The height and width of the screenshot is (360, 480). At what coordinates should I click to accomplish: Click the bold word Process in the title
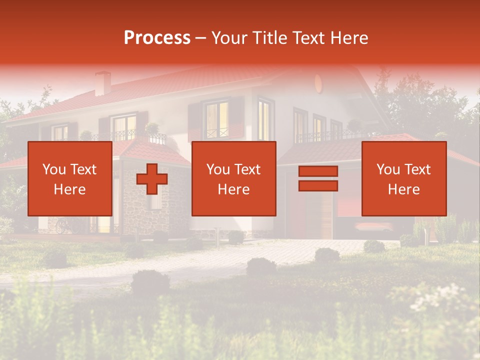click(157, 38)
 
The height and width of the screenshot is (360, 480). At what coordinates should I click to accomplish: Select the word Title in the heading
click(271, 38)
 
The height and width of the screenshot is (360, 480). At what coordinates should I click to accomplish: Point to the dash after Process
click(200, 38)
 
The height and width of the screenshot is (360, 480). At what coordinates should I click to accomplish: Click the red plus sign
click(152, 179)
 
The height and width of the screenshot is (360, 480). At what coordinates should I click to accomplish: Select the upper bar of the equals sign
click(318, 171)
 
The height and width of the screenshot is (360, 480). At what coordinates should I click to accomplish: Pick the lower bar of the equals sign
click(318, 186)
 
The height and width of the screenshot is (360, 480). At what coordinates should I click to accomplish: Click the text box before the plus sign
click(70, 178)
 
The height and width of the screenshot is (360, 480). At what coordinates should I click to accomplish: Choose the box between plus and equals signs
click(234, 178)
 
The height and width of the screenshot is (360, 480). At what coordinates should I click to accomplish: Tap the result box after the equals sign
click(404, 178)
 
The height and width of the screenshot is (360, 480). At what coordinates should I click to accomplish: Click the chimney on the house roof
click(103, 82)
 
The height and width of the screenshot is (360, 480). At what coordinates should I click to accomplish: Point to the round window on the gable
click(318, 82)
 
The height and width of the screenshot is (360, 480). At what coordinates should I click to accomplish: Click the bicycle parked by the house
click(63, 226)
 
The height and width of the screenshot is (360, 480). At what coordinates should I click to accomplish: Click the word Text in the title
click(308, 38)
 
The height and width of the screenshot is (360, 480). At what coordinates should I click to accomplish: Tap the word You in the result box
click(388, 169)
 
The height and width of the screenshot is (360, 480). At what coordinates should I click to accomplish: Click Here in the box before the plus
click(69, 189)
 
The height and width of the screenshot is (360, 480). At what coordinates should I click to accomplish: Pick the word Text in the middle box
click(247, 169)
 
